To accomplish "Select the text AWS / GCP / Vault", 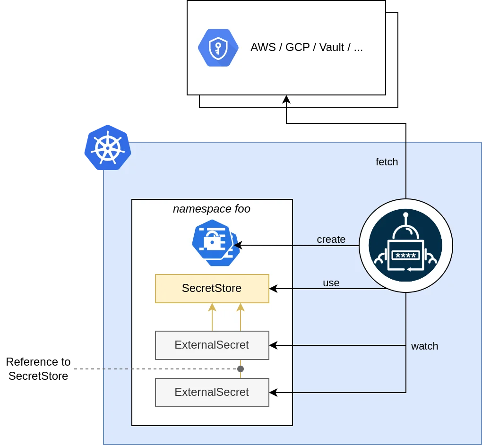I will [306, 47].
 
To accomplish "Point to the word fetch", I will [387, 162].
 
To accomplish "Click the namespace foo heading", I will [212, 209].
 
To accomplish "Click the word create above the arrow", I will [331, 240].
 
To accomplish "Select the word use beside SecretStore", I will [331, 283].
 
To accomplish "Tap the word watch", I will [424, 346].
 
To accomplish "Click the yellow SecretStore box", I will [212, 288].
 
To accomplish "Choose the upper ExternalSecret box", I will [212, 345].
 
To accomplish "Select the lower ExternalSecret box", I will [212, 392].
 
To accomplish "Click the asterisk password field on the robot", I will [405, 256].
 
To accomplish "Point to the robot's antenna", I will [405, 216].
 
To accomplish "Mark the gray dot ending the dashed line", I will [241, 368].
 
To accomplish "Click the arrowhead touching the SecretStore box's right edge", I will [273, 288].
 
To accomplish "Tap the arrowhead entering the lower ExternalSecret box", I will [273, 392].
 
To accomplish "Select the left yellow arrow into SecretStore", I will [212, 308].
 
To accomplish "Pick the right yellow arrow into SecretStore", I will [241, 308].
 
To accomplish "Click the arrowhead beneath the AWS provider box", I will [286, 99].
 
